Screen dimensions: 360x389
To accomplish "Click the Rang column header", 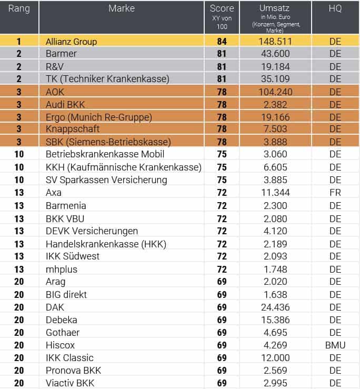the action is (x=19, y=8).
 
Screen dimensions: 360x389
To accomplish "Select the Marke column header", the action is (x=122, y=8).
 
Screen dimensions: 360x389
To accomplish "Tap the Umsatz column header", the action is (x=274, y=8).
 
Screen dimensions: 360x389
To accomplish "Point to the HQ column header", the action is (x=335, y=8).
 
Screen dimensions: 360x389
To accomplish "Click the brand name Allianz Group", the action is (x=71, y=42).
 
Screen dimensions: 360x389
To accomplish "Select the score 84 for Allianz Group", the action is (x=222, y=42).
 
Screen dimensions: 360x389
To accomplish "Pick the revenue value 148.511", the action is (x=275, y=42).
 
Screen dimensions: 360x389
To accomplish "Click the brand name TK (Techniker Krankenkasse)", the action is (x=107, y=79).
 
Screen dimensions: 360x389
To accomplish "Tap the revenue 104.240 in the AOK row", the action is (x=275, y=92).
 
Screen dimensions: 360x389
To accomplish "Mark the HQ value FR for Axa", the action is (x=335, y=193).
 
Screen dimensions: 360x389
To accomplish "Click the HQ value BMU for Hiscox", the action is (x=335, y=345).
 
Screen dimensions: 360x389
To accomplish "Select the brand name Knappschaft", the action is (x=73, y=129).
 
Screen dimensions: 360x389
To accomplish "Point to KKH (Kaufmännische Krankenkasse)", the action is (x=124, y=167).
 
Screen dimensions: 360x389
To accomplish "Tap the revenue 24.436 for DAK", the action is (x=275, y=307).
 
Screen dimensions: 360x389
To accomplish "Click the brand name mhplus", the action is (x=62, y=270).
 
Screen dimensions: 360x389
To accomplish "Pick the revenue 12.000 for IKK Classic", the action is (x=275, y=358).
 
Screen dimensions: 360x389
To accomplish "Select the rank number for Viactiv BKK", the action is (x=19, y=383).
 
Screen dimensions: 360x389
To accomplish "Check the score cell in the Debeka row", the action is (x=222, y=320).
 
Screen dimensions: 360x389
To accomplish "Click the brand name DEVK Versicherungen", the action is (x=92, y=231).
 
